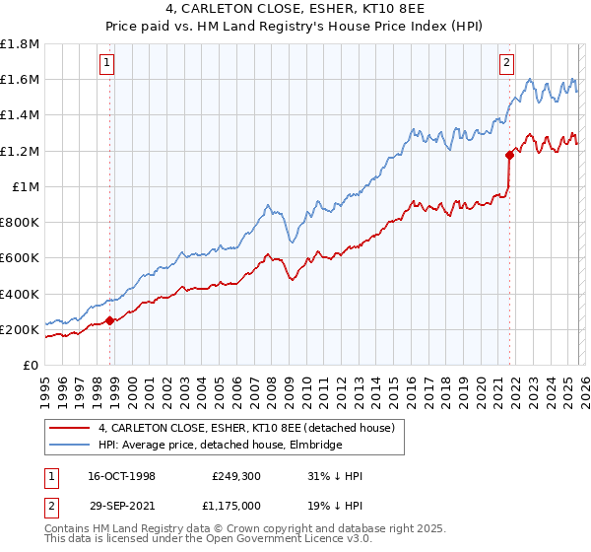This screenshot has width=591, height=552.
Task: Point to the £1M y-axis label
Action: click(25, 186)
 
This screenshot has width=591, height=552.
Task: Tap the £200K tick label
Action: click(20, 329)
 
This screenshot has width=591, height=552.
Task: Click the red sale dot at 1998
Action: click(110, 319)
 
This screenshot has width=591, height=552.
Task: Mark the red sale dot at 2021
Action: click(509, 155)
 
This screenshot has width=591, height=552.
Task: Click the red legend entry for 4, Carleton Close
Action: click(246, 428)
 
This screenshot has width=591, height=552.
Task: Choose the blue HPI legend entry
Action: click(220, 446)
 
